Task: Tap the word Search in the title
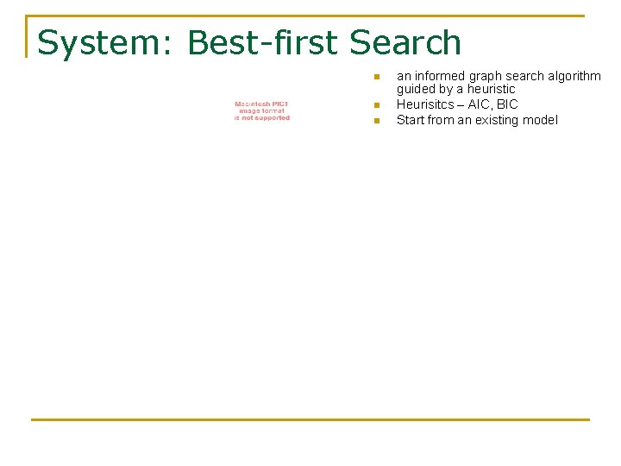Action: [x=405, y=43]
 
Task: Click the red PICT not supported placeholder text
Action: [x=262, y=111]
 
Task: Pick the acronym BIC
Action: [x=507, y=104]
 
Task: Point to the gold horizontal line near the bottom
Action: [x=310, y=419]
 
